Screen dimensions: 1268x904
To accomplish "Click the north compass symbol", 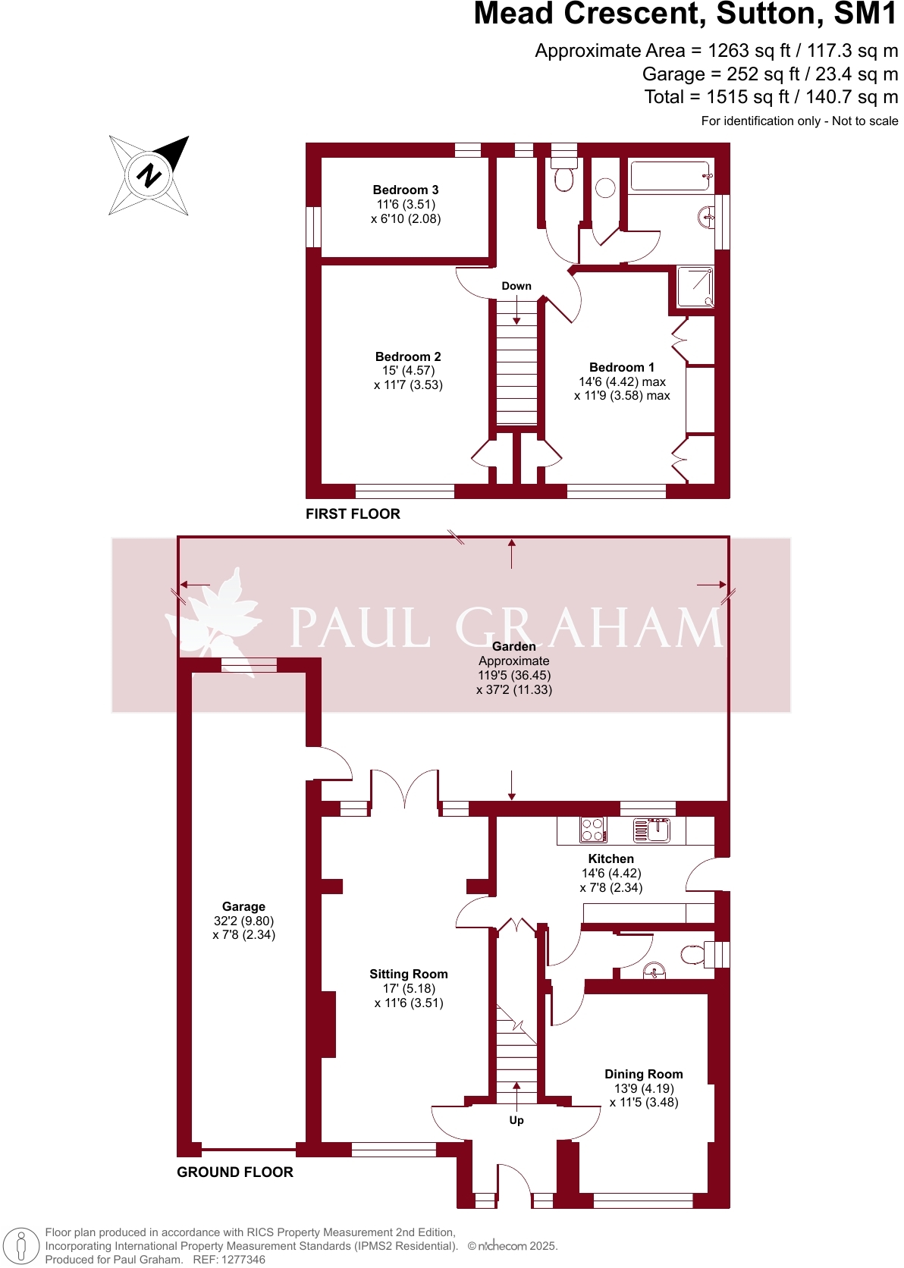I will pos(149,175).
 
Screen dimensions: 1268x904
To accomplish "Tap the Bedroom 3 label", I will pos(406,190).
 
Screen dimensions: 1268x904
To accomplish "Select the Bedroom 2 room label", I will pos(408,357).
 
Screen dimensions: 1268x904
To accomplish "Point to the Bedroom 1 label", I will pos(622,368).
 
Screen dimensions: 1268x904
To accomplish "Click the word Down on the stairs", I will pos(516,286).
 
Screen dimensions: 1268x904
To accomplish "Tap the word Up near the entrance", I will pos(516,1120).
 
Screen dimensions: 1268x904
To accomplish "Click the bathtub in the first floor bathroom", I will pos(671,176).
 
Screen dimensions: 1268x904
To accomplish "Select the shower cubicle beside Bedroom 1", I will pos(695,286).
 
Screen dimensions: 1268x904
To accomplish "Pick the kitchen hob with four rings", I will pos(593,830).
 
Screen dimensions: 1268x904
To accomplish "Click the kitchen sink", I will pos(652,830).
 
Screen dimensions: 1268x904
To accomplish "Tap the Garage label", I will pos(243,907).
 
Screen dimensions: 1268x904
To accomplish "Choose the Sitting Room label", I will pos(409,975).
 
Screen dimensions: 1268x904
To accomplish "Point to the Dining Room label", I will pos(644,1075).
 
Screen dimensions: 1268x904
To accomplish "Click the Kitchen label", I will pos(611,859).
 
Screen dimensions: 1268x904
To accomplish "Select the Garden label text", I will pos(514,647).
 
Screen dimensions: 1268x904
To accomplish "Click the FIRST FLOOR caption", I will pos(353,514).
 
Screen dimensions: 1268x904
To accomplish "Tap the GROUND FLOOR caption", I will pos(235,1172).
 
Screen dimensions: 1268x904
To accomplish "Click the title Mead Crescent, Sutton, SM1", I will pos(686,15).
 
